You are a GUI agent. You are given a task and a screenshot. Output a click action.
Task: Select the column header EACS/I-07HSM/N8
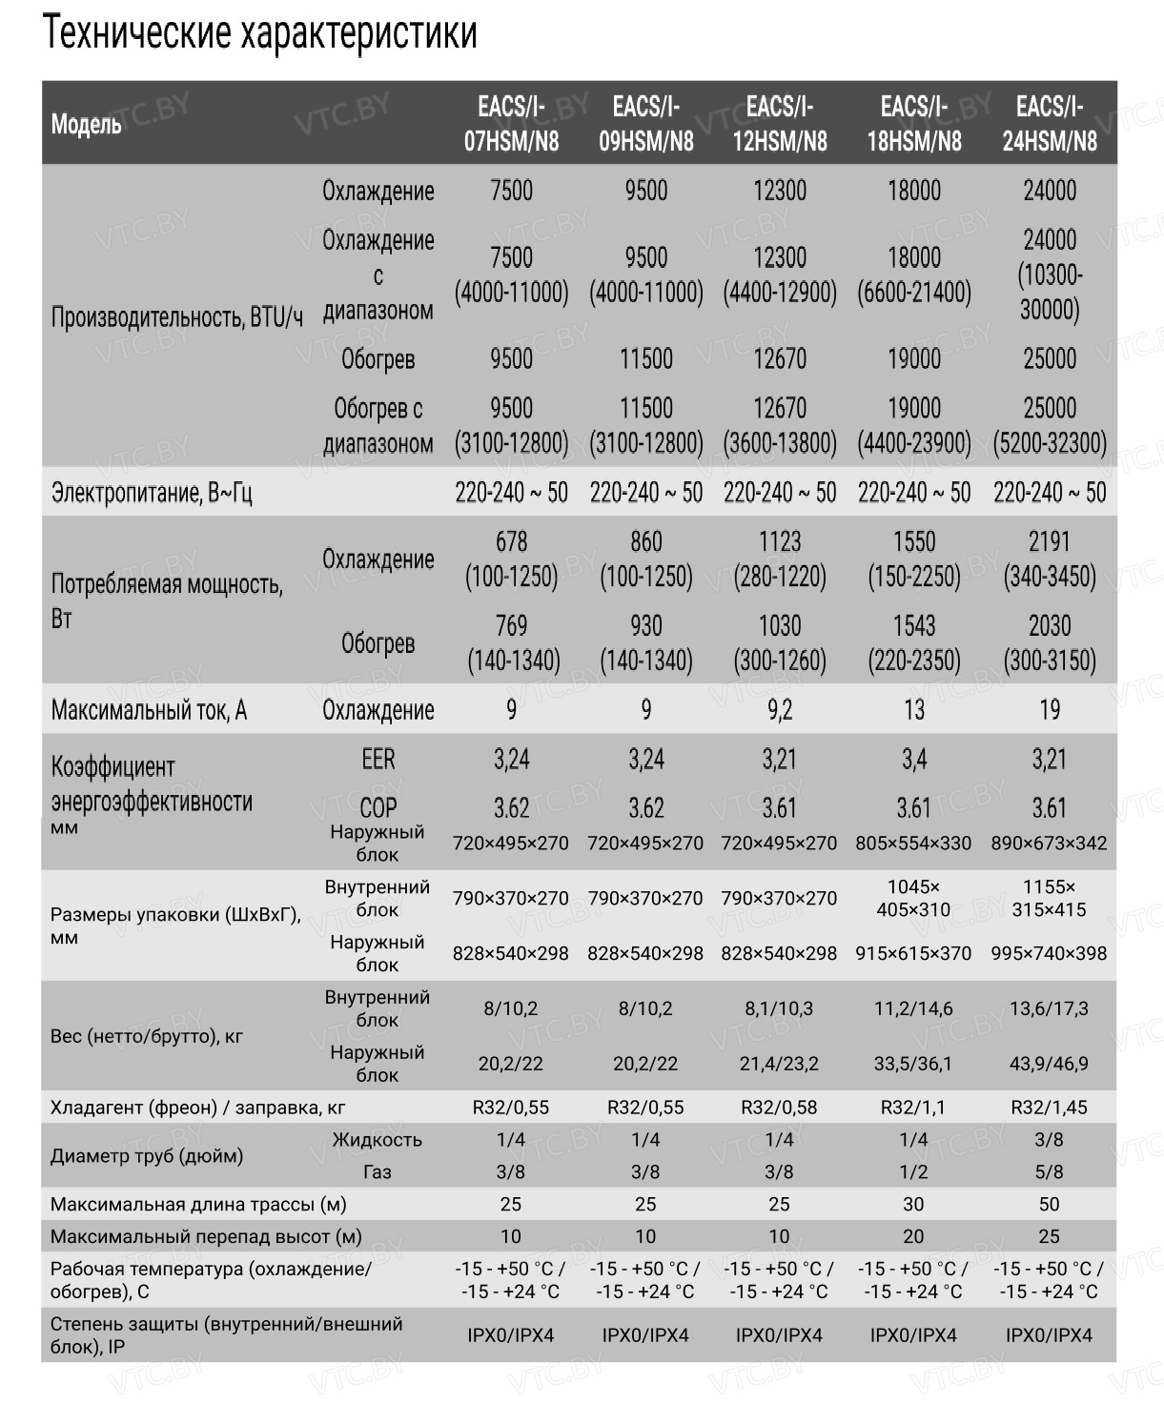click(511, 124)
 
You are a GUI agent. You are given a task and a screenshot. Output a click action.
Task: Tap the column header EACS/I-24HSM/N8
click(1049, 124)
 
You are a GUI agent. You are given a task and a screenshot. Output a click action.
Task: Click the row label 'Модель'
click(86, 124)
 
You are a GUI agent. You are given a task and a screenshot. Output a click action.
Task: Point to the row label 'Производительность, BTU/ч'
click(176, 316)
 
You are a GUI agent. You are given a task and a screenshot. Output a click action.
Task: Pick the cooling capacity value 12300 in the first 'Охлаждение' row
click(779, 191)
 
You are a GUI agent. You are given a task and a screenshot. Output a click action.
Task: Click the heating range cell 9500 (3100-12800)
click(511, 425)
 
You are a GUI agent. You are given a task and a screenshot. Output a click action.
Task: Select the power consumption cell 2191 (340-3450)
click(1049, 559)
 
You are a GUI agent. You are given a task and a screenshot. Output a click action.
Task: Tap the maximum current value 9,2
click(779, 709)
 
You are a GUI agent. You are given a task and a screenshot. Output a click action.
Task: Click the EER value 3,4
click(913, 759)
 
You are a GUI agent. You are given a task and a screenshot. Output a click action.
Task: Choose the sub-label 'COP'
click(378, 807)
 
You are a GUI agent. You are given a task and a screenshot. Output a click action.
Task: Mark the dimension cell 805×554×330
click(913, 843)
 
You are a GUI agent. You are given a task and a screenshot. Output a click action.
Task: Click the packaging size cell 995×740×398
click(1049, 953)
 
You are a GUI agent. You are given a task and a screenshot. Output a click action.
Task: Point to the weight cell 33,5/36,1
click(913, 1064)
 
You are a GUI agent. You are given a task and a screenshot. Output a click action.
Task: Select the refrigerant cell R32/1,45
click(1049, 1108)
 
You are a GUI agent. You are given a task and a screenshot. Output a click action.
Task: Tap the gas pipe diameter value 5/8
click(1049, 1171)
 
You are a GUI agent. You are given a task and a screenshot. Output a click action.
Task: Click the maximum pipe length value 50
click(1049, 1204)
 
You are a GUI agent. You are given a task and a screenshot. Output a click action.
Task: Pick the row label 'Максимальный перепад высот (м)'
click(206, 1236)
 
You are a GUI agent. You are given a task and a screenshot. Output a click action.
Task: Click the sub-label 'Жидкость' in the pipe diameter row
click(377, 1139)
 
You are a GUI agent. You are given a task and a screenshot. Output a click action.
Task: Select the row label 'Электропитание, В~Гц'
click(152, 493)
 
